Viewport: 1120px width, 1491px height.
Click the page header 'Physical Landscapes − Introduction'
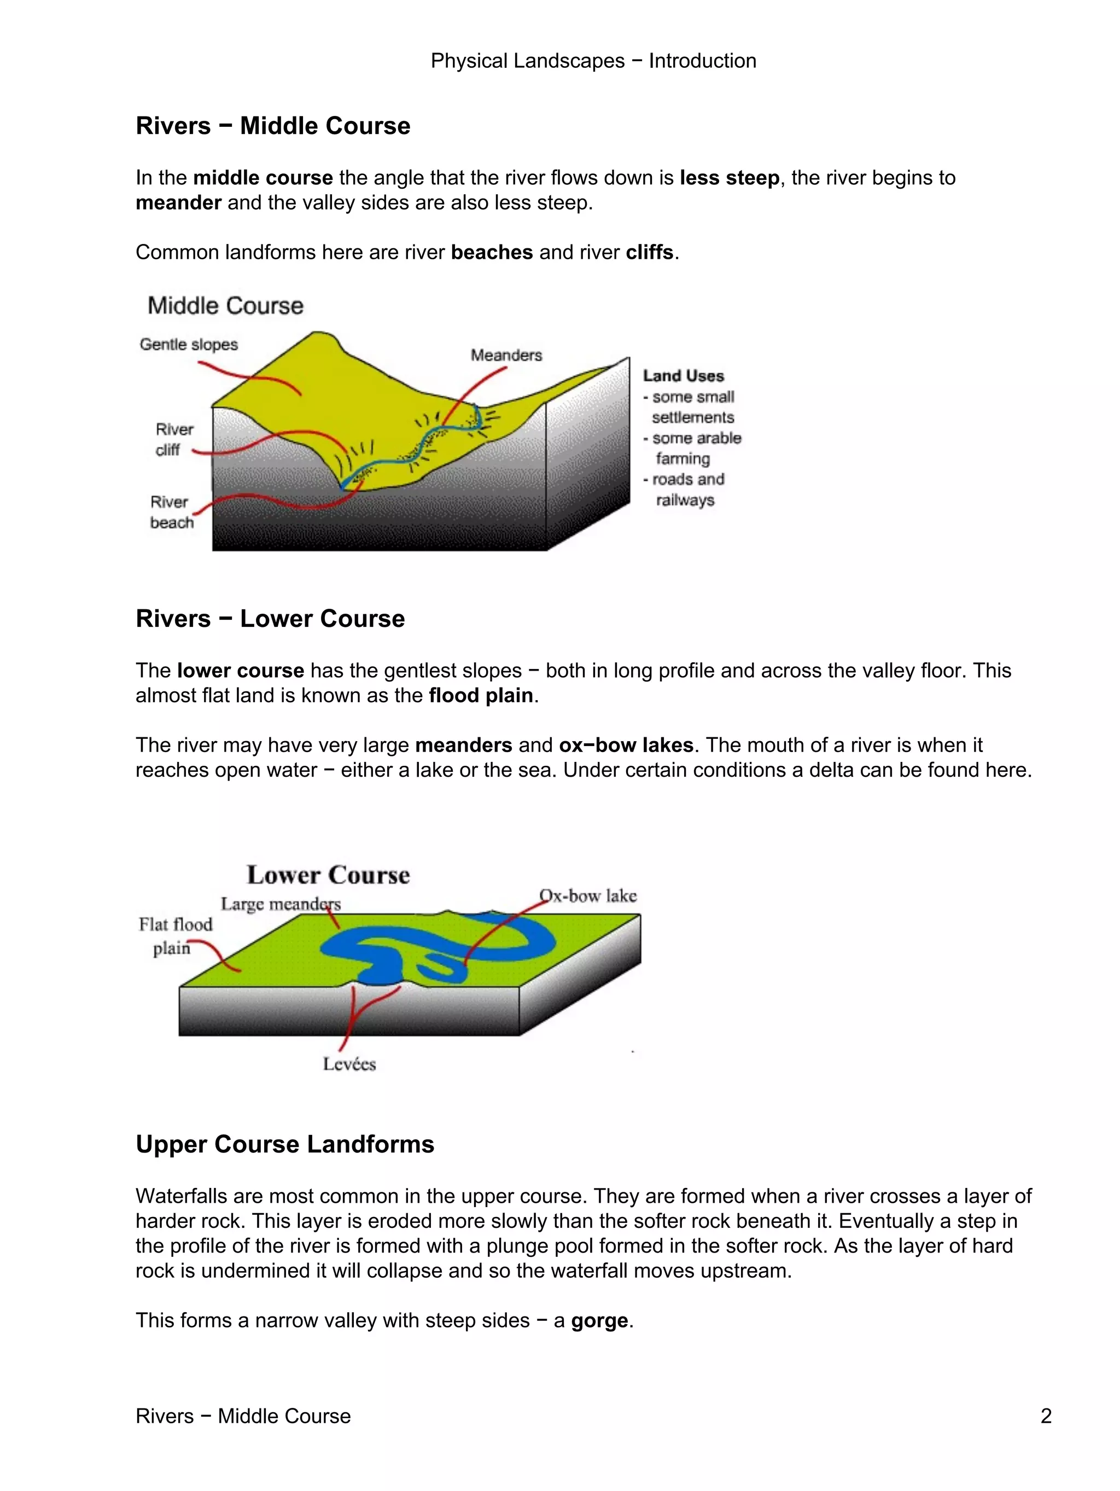tap(593, 61)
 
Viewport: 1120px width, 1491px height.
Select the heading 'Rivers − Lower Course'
tap(270, 618)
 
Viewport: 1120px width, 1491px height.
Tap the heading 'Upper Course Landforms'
tap(284, 1144)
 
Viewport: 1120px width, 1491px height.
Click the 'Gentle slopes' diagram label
tap(189, 345)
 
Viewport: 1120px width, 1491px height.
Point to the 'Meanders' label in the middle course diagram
tap(506, 355)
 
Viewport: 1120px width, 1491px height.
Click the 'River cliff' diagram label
tap(173, 440)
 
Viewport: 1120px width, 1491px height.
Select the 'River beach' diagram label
tap(171, 512)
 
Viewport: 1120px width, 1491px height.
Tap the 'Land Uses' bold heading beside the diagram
tap(682, 376)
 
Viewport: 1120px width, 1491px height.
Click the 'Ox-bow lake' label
tap(588, 896)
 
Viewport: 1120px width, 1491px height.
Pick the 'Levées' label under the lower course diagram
tap(349, 1064)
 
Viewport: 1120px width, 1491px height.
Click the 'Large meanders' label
tap(281, 904)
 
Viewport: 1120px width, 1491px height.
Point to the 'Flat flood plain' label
tap(175, 936)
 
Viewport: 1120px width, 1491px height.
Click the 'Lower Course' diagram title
tap(328, 875)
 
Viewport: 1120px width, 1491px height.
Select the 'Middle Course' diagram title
tap(225, 305)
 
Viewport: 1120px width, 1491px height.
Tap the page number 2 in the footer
tap(1045, 1416)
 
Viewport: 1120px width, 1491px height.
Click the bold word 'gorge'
tap(599, 1320)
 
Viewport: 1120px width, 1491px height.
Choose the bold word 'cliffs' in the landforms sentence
tap(649, 252)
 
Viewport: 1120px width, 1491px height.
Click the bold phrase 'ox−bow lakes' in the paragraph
tap(626, 745)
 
